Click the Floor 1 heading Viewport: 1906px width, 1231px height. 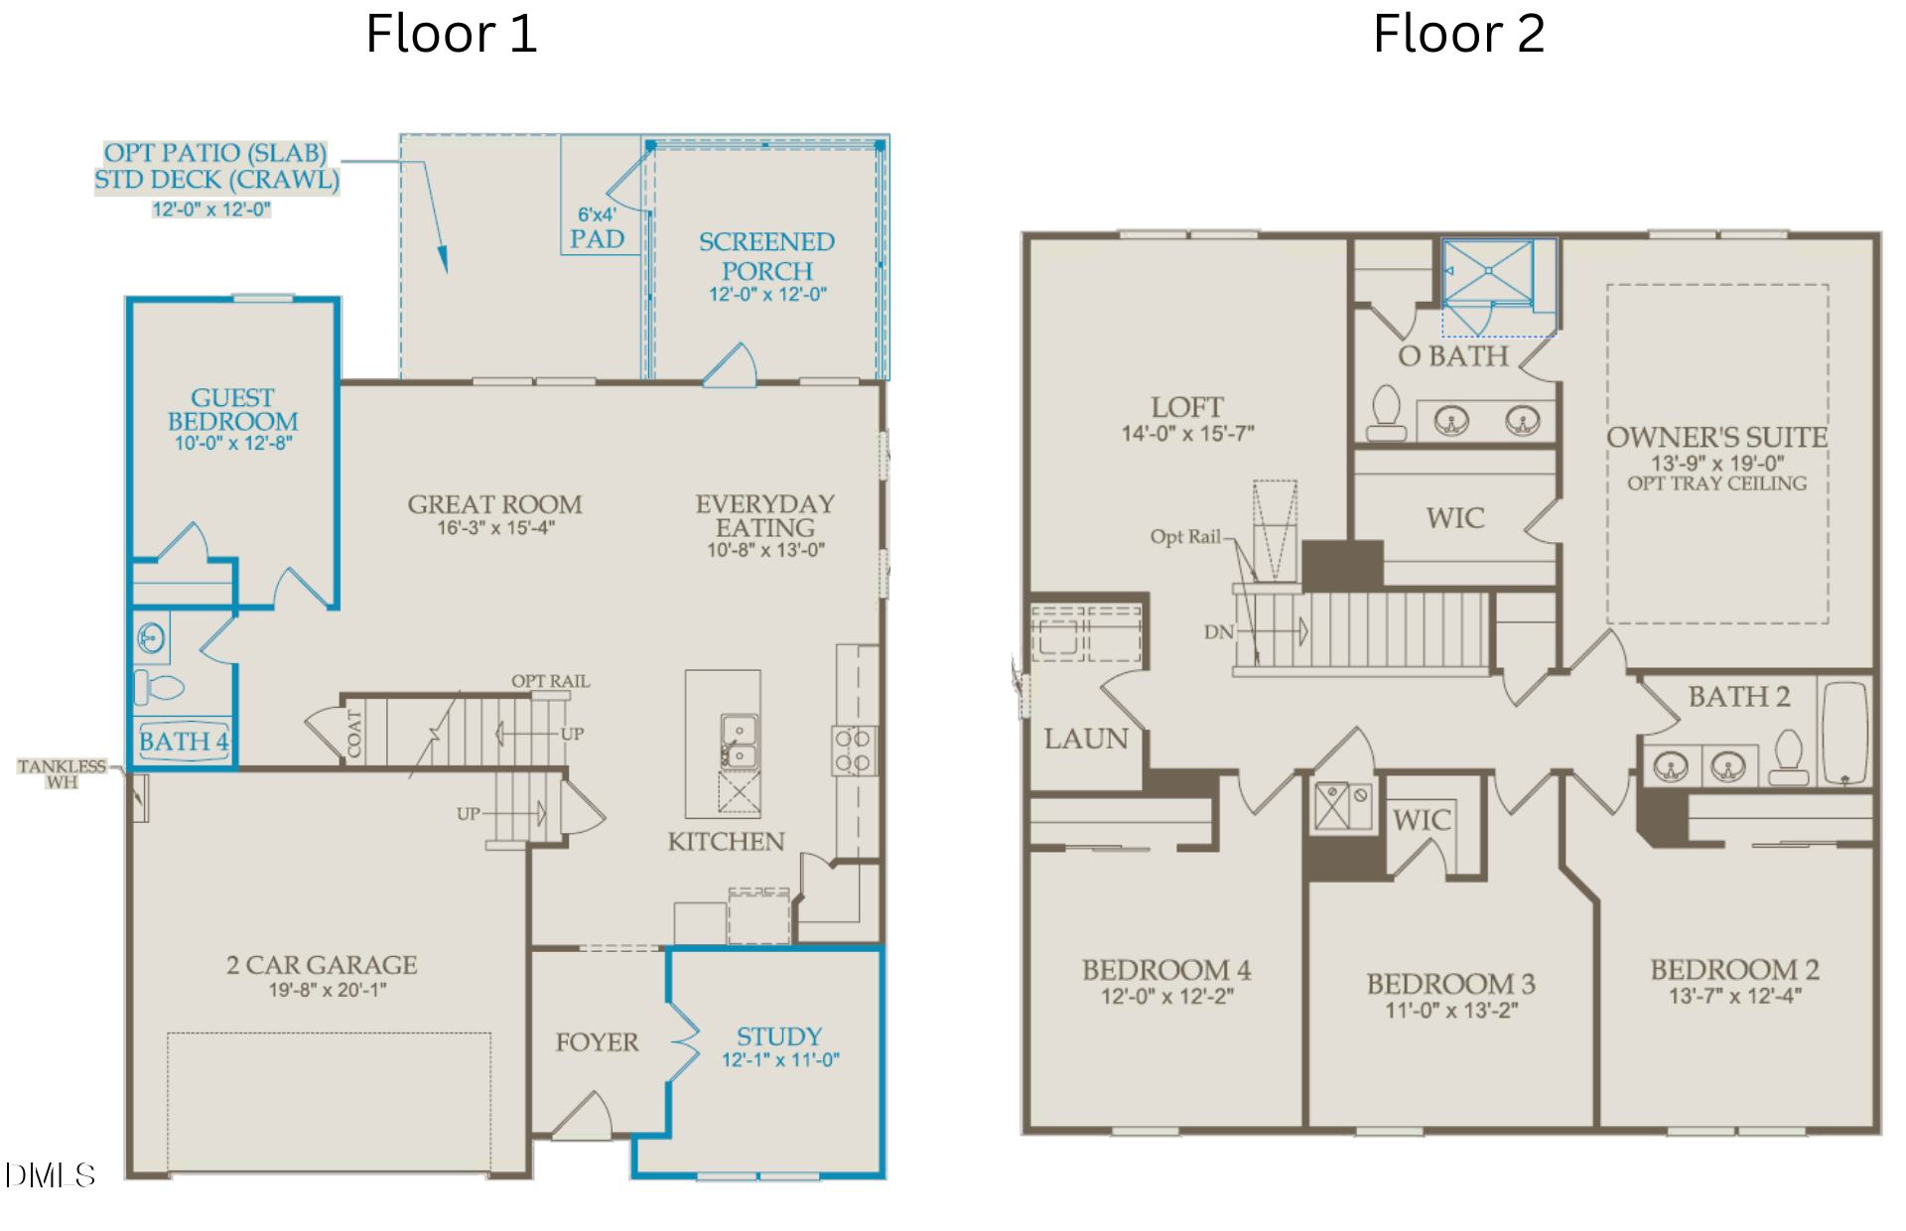point(452,34)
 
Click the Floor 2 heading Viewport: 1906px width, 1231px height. point(1458,34)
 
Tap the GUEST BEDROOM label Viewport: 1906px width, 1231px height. point(233,409)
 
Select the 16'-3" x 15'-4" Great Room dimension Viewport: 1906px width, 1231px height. point(495,528)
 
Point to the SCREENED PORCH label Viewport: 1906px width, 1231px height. point(766,256)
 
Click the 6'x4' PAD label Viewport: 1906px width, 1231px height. point(597,228)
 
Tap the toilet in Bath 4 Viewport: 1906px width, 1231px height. point(159,686)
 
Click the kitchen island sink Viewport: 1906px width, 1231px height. point(738,743)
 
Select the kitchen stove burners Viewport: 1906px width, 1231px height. point(852,751)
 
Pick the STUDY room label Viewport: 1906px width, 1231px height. point(779,1036)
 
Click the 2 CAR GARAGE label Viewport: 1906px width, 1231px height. point(322,965)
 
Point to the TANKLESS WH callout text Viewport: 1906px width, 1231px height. point(62,774)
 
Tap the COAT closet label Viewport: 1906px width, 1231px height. point(354,734)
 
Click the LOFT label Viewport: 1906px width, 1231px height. point(1187,407)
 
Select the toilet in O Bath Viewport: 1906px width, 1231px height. point(1386,413)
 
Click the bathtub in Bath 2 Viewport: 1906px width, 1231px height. point(1845,735)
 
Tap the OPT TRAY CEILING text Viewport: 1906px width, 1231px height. point(1717,483)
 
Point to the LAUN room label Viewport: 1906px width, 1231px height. point(1086,739)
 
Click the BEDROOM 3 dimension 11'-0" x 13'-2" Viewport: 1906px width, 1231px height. point(1451,1011)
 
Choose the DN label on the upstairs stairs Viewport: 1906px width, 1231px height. point(1219,631)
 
